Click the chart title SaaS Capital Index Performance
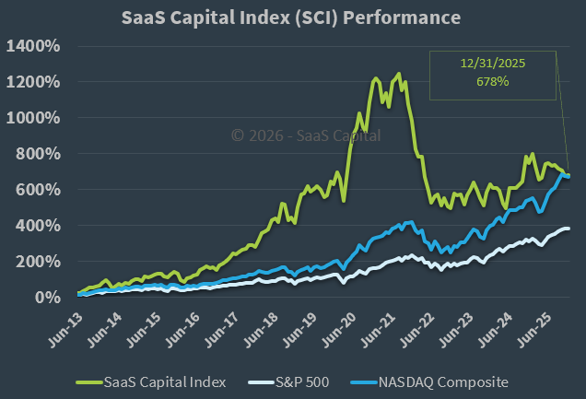coord(292,18)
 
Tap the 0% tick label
coord(50,298)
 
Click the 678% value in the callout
coord(493,82)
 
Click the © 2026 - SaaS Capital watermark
coord(305,135)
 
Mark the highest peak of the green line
coord(398,74)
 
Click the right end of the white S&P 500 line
coord(568,229)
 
